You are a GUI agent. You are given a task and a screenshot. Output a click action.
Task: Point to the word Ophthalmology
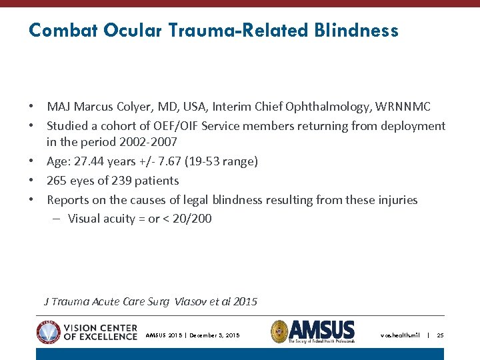329,107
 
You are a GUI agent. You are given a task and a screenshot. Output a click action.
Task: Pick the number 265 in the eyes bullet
57,181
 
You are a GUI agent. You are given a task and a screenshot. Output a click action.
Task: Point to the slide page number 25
440,335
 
